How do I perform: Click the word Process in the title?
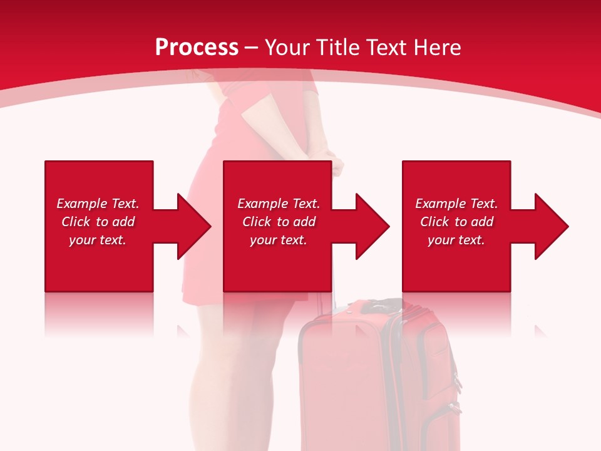pos(197,47)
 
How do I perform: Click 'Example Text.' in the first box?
pos(98,204)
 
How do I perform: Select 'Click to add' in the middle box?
pos(279,222)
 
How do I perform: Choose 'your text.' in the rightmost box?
pos(456,240)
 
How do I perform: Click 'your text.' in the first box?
pos(98,240)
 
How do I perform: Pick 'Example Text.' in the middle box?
pos(279,204)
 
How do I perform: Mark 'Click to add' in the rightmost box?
pos(456,222)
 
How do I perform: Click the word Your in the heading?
pos(287,47)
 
